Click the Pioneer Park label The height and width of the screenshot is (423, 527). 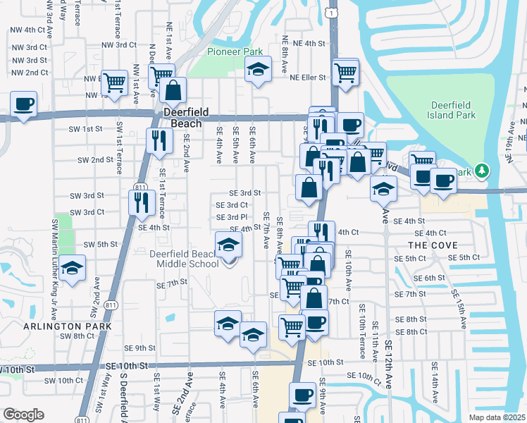[235, 51]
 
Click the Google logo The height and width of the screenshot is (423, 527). [23, 415]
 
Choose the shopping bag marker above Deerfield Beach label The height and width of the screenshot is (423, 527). [173, 91]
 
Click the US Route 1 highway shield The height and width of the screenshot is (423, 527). [330, 12]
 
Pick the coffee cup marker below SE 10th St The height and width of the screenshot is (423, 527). [303, 396]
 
